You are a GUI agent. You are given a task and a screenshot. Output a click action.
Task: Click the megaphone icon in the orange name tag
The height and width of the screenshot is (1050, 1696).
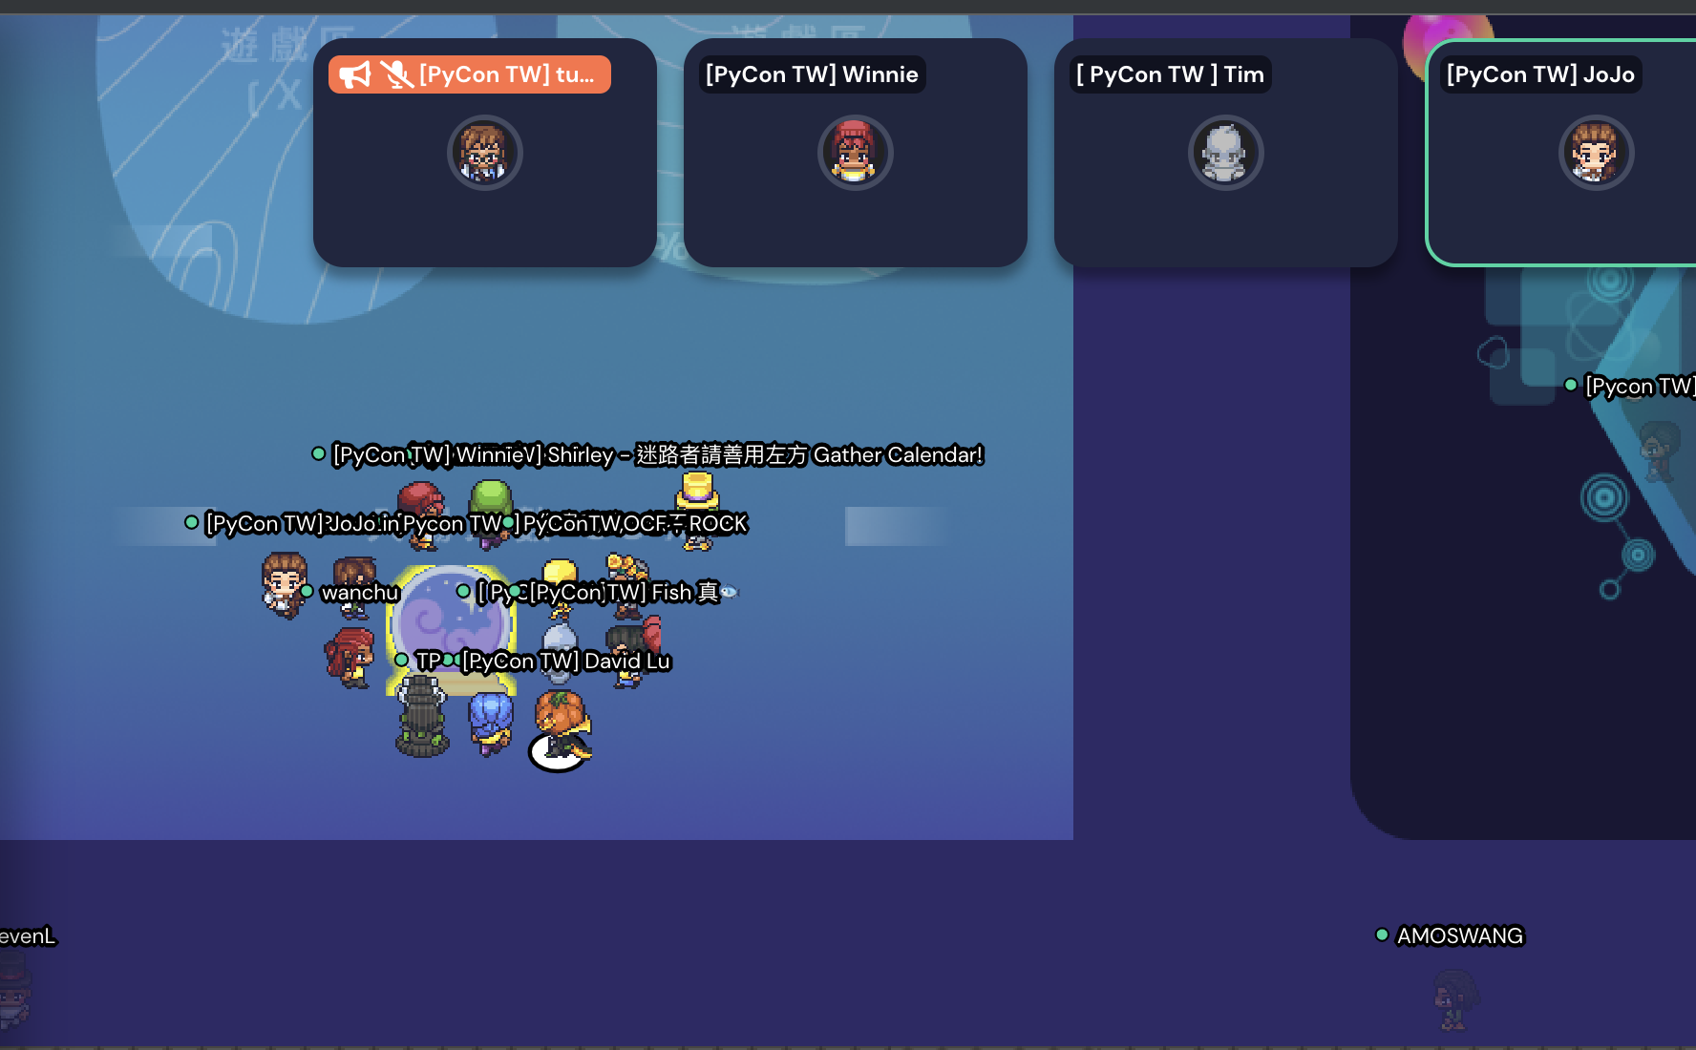click(354, 74)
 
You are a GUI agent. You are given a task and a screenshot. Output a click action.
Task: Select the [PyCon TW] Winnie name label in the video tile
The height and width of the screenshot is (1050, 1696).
click(812, 74)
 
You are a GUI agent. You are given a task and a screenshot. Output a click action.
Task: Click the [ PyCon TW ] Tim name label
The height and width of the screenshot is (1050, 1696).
click(1170, 74)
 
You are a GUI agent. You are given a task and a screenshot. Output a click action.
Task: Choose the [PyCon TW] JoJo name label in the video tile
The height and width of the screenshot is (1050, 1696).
click(1540, 74)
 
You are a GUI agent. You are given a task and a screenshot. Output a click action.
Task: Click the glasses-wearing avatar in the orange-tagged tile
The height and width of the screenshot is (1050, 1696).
click(484, 153)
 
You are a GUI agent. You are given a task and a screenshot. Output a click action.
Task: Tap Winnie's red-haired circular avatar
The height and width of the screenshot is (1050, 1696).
click(855, 153)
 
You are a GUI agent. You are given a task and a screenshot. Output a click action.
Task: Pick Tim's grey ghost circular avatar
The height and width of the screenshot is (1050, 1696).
click(1225, 153)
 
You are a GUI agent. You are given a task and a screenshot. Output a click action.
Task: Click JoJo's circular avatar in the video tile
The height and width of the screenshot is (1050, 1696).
click(1596, 153)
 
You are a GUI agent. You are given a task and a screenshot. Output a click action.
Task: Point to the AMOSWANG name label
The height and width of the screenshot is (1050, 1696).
click(1460, 935)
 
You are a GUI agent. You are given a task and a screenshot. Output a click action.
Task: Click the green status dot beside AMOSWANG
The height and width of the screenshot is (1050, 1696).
click(1382, 934)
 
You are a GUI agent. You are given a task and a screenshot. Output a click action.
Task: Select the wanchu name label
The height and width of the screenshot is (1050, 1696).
click(360, 593)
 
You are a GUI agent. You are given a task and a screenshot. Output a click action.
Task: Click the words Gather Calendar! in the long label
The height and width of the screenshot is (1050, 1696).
click(898, 455)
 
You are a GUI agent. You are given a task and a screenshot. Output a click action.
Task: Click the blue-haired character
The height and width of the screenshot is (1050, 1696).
click(491, 721)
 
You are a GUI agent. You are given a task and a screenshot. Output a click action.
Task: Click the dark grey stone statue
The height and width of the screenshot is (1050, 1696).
click(422, 716)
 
